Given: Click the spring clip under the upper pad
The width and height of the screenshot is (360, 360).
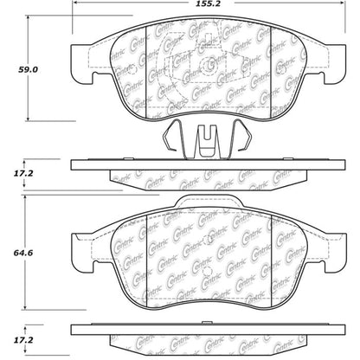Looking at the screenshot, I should (x=206, y=138).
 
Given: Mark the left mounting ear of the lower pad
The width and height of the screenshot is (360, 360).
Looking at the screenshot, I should (x=83, y=247).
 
